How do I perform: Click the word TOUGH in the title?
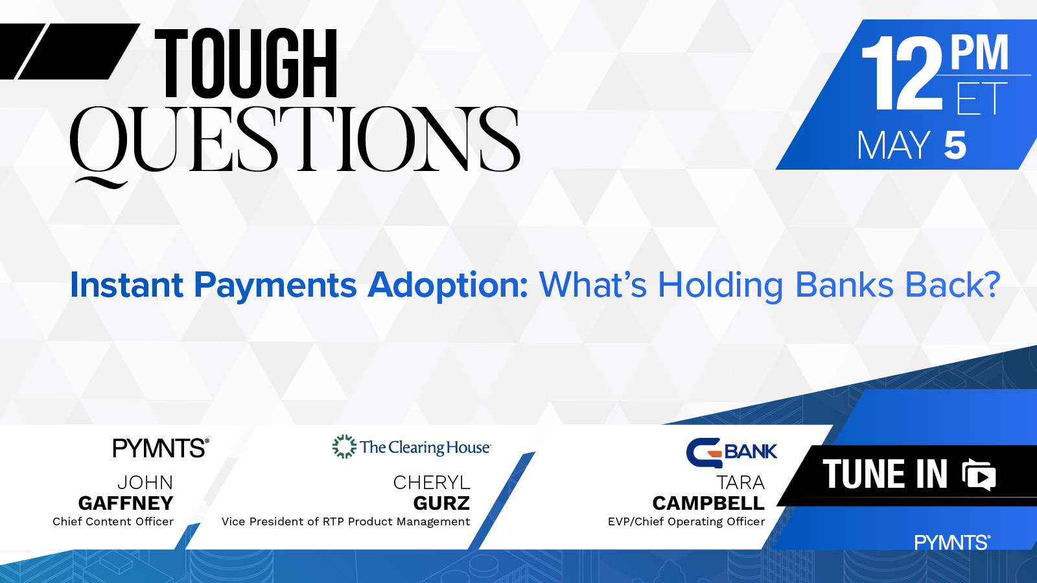246,64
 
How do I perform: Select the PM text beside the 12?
979,52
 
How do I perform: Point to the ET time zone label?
981,98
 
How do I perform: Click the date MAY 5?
911,145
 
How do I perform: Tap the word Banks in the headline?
845,285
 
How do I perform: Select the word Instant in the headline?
127,285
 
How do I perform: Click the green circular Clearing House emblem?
344,446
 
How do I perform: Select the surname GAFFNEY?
126,503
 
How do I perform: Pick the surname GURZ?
441,503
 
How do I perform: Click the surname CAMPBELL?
708,503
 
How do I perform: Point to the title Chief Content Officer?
113,522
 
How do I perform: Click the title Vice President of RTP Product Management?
346,522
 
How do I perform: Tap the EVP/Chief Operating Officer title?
686,522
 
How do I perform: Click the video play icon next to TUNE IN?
979,475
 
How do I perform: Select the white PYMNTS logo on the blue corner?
952,542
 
